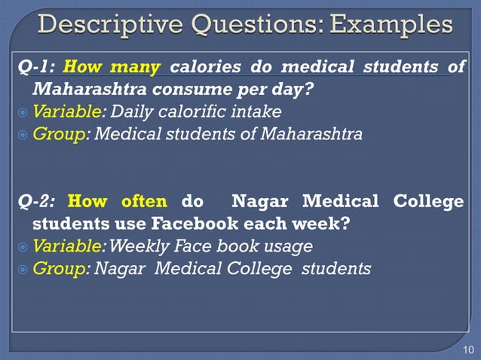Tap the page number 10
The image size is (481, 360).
pos(467,350)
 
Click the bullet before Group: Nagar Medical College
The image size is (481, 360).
pos(23,269)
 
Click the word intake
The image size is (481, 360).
pos(259,112)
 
